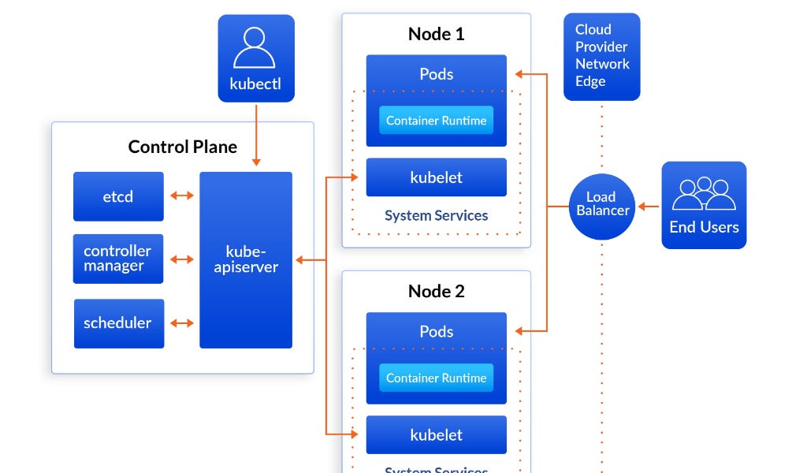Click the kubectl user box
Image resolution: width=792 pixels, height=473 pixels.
coord(255,58)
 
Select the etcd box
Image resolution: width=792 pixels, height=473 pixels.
coord(118,196)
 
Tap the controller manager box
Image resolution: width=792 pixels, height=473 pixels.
coord(118,259)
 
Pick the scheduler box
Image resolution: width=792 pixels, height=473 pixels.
coord(118,323)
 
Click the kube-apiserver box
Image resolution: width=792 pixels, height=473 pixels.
coord(246,259)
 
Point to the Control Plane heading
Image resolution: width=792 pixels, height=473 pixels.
coord(182,147)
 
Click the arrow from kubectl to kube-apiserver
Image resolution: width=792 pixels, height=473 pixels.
coord(255,133)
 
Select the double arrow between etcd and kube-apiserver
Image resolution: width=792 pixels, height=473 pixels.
coord(182,196)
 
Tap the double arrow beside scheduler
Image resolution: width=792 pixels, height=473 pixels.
coord(182,322)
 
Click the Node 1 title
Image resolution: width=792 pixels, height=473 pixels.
coord(436,34)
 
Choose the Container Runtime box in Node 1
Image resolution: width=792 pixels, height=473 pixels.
coord(436,121)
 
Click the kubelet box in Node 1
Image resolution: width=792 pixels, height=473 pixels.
coord(436,177)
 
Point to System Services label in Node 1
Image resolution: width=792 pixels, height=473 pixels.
coord(436,215)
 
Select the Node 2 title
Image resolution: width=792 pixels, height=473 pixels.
coord(436,292)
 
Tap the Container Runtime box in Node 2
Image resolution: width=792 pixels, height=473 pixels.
coord(436,378)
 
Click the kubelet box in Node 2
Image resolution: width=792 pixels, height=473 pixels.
coord(436,435)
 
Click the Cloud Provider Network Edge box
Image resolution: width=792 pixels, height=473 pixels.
coord(601,56)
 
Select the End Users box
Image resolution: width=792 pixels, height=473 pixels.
coord(703,205)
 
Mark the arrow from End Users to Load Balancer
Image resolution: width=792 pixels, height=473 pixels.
coord(649,207)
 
